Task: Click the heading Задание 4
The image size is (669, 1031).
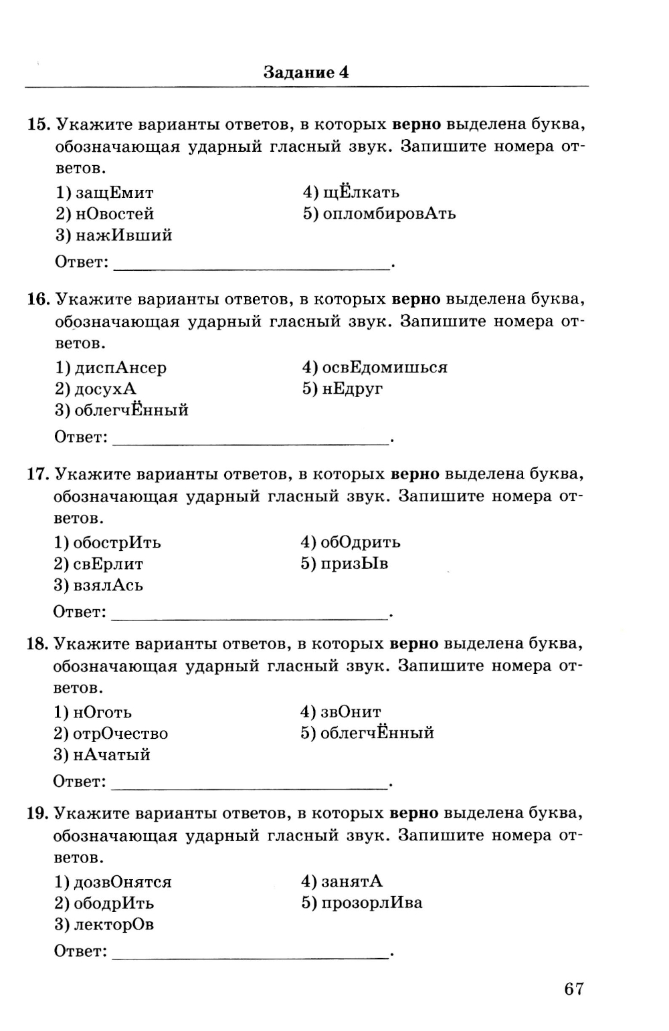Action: [306, 72]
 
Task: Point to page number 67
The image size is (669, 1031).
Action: [574, 989]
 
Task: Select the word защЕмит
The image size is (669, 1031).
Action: [114, 193]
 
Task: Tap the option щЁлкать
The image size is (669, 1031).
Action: [361, 193]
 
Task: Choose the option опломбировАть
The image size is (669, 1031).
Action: [389, 214]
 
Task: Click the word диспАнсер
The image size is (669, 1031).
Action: [120, 368]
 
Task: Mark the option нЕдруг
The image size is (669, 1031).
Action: [352, 389]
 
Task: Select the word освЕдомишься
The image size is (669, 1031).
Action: [385, 368]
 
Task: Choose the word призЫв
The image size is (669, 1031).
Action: [355, 564]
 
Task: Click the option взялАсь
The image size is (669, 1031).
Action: [108, 586]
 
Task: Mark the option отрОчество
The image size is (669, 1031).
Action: [120, 734]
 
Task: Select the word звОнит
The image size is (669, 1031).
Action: [351, 713]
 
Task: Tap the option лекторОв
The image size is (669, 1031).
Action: [113, 925]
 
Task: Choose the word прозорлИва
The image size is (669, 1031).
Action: [371, 903]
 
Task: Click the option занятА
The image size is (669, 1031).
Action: [352, 882]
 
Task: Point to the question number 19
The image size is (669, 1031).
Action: [37, 814]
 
